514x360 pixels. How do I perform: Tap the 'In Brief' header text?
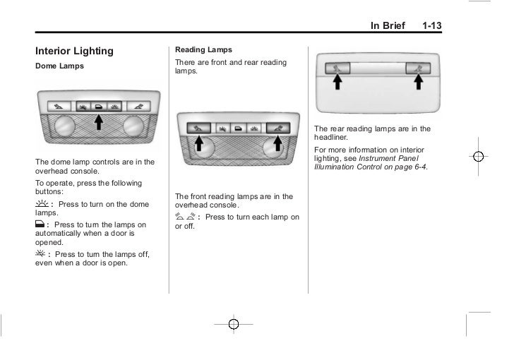pos(388,26)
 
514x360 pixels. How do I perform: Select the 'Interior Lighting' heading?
pos(75,51)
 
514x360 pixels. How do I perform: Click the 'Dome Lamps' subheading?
pos(59,66)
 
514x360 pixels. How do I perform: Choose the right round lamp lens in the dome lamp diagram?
pos(131,127)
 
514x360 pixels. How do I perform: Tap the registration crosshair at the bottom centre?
pos(234,325)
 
